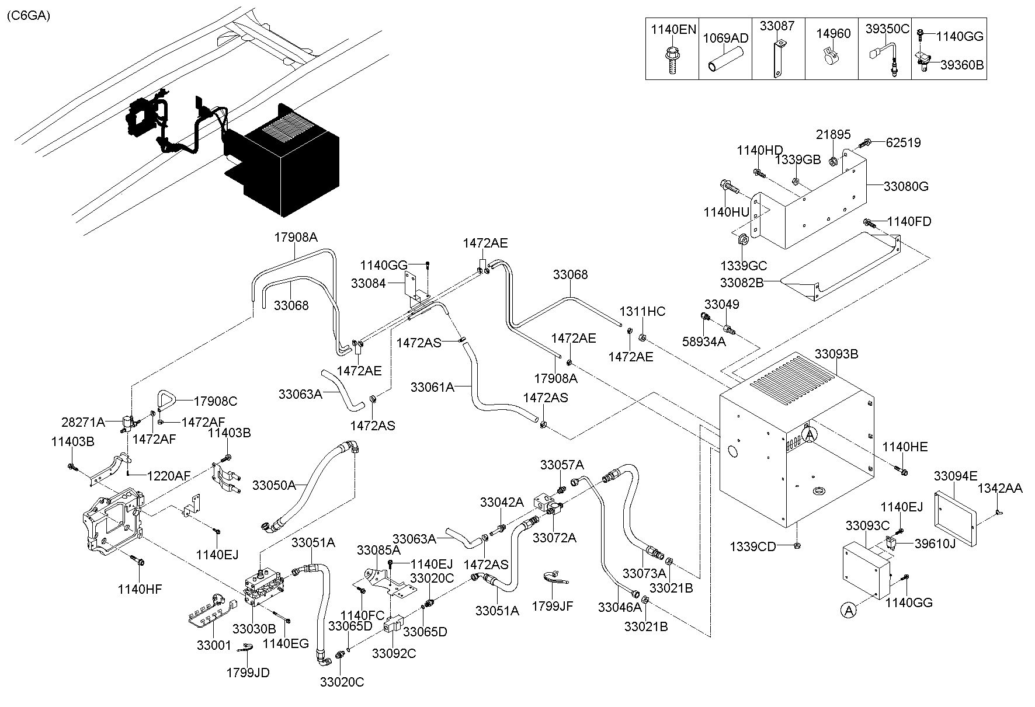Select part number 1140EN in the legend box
click(673, 29)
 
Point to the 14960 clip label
click(833, 33)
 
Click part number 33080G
click(906, 187)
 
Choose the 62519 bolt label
click(903, 142)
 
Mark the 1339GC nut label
click(743, 266)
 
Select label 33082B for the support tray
click(742, 283)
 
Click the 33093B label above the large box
click(836, 354)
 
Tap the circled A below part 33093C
click(848, 610)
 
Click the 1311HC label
click(642, 312)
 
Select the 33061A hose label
click(432, 386)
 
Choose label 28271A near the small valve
click(83, 422)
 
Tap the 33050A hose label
click(274, 485)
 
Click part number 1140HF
click(140, 590)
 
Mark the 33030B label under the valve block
click(253, 629)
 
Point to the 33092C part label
click(394, 653)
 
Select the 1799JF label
click(552, 607)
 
